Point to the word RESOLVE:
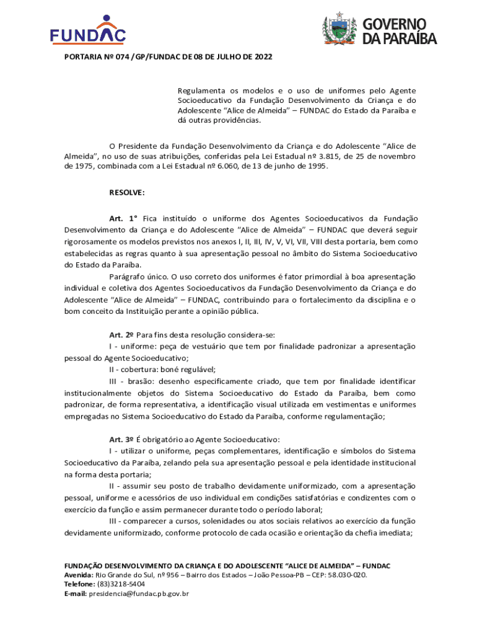pyautogui.click(x=127, y=192)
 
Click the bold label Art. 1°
pyautogui.click(x=123, y=218)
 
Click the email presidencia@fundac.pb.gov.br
pyautogui.click(x=138, y=593)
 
